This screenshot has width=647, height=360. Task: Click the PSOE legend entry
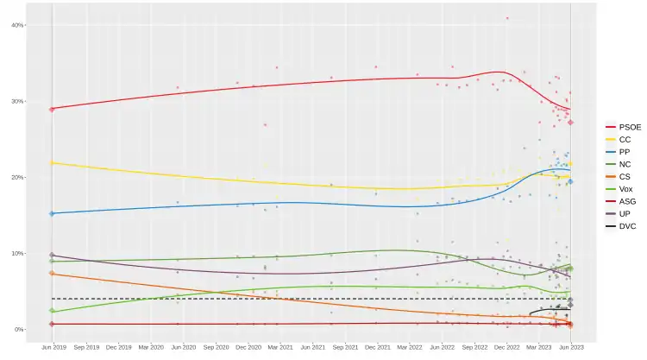[624, 126]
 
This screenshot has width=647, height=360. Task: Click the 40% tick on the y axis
[17, 25]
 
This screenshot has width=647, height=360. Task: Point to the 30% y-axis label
[17, 101]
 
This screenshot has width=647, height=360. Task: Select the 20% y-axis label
[17, 177]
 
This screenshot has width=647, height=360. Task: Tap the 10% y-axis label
[17, 253]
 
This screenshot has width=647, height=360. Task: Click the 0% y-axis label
[19, 329]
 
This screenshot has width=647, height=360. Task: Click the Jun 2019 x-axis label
[53, 347]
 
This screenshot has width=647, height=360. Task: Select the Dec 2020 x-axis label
[248, 347]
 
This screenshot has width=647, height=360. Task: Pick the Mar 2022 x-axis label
[410, 347]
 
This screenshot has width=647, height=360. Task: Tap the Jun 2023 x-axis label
[570, 347]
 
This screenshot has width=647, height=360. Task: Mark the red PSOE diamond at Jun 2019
[53, 109]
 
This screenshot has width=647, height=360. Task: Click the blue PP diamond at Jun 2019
[53, 213]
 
